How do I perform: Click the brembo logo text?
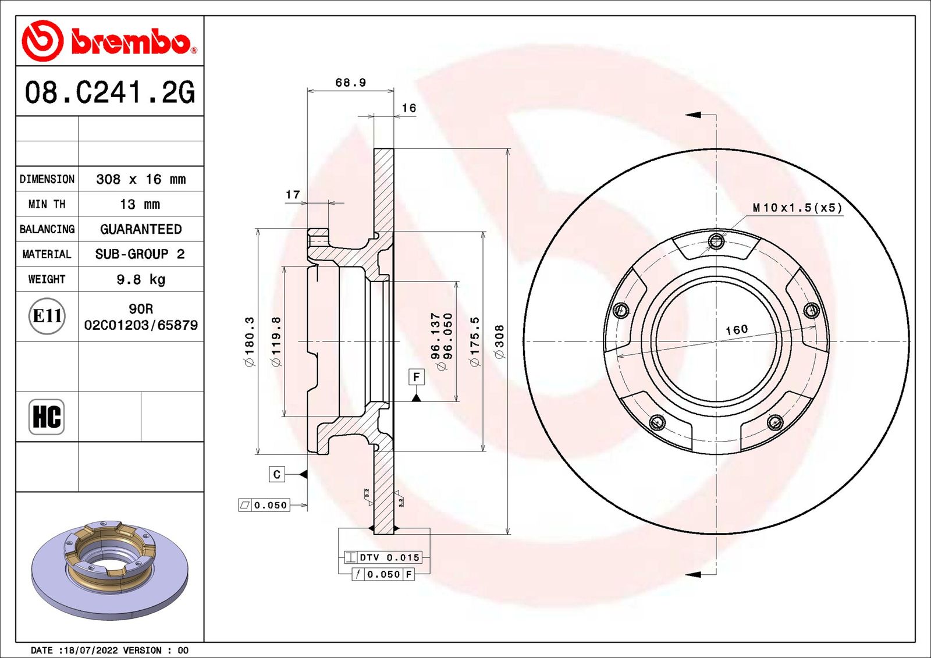tap(131, 42)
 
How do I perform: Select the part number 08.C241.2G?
tap(109, 92)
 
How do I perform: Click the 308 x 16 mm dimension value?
tap(141, 179)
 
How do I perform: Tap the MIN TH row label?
tap(47, 204)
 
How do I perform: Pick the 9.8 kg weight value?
tap(141, 279)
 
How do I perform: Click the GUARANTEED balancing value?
tap(141, 229)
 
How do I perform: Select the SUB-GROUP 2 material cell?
tap(140, 254)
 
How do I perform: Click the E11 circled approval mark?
tap(47, 316)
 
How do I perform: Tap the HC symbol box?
tap(47, 417)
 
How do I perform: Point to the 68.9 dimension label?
tap(350, 83)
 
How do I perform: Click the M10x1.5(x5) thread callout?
tap(797, 208)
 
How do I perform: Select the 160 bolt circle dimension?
tap(736, 330)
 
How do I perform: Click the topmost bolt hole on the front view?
tap(716, 240)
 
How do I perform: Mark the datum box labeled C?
tap(276, 474)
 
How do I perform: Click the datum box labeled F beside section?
tap(416, 377)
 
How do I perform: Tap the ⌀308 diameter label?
tap(499, 342)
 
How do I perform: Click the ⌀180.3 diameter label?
tap(249, 342)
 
